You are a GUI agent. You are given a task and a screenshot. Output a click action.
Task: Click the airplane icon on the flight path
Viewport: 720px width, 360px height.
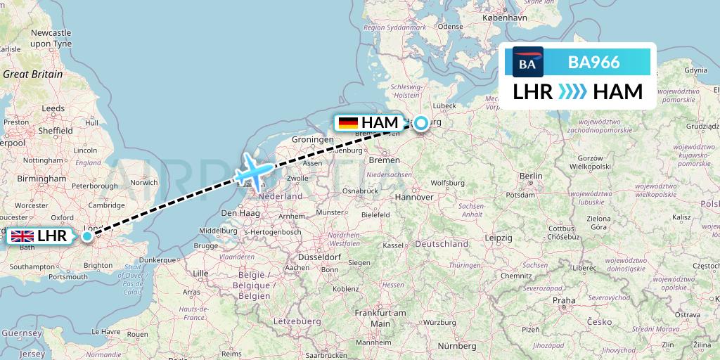[x=253, y=172]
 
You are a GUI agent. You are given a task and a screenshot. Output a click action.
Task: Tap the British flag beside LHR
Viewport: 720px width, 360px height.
[x=22, y=236]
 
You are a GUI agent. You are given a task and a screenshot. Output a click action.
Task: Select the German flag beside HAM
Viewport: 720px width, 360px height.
[x=348, y=123]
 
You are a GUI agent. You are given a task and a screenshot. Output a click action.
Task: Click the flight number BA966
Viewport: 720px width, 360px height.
[x=593, y=63]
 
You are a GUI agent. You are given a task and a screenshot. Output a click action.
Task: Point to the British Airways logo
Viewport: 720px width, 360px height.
[x=527, y=63]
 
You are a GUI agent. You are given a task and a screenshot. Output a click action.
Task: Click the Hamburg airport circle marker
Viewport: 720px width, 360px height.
[x=420, y=124]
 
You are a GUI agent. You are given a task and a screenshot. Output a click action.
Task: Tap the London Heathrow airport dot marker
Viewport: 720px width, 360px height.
[x=86, y=236]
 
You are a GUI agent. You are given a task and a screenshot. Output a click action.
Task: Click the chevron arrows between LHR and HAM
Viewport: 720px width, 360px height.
[x=572, y=92]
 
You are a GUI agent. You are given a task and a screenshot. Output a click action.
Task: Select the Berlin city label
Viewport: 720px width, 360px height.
[x=532, y=176]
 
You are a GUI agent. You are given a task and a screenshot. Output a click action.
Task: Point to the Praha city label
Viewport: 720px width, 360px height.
[x=563, y=300]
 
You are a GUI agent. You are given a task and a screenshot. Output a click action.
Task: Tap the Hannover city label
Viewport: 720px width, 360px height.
[x=414, y=197]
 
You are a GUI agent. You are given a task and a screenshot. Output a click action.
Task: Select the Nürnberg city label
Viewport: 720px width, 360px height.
[x=456, y=345]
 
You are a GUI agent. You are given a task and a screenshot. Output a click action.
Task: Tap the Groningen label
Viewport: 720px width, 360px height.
[x=312, y=140]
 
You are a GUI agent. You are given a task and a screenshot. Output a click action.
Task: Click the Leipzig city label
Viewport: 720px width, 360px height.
[x=498, y=238]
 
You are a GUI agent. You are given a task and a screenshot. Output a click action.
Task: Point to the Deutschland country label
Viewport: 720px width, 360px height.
[x=442, y=244]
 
